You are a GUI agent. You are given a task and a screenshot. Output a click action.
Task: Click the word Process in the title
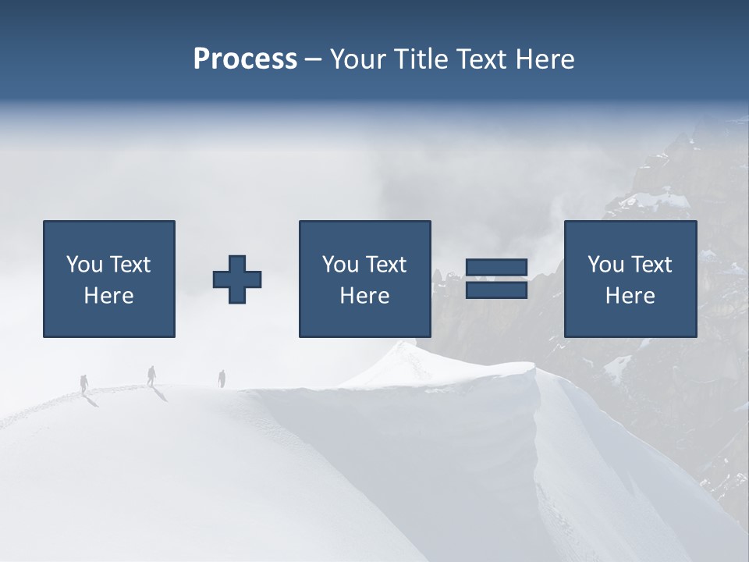[x=245, y=59]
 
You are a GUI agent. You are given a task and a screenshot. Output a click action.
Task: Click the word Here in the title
[x=546, y=59]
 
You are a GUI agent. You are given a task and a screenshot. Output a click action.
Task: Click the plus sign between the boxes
[x=237, y=279]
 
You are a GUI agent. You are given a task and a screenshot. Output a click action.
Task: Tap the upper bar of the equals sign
[x=496, y=269]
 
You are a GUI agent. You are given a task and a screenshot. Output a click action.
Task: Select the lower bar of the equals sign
[x=496, y=290]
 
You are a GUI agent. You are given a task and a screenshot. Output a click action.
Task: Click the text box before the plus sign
[x=109, y=279]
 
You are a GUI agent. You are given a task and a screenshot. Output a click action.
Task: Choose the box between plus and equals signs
[x=364, y=279]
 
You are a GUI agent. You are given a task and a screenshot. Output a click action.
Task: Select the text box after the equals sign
[x=630, y=279]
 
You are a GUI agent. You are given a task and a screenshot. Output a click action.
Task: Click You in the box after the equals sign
[x=605, y=265]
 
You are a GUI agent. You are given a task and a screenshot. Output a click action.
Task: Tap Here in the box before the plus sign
[x=109, y=296]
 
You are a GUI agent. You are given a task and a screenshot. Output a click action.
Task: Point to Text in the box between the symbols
[x=387, y=265]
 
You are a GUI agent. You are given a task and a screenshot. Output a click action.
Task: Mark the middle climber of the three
[x=151, y=375]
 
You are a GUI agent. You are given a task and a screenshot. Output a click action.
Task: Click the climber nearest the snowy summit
[x=222, y=379]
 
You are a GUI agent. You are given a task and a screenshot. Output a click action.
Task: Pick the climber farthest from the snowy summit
[x=84, y=383]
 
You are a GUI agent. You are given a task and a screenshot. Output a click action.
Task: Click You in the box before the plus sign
[x=84, y=265]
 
